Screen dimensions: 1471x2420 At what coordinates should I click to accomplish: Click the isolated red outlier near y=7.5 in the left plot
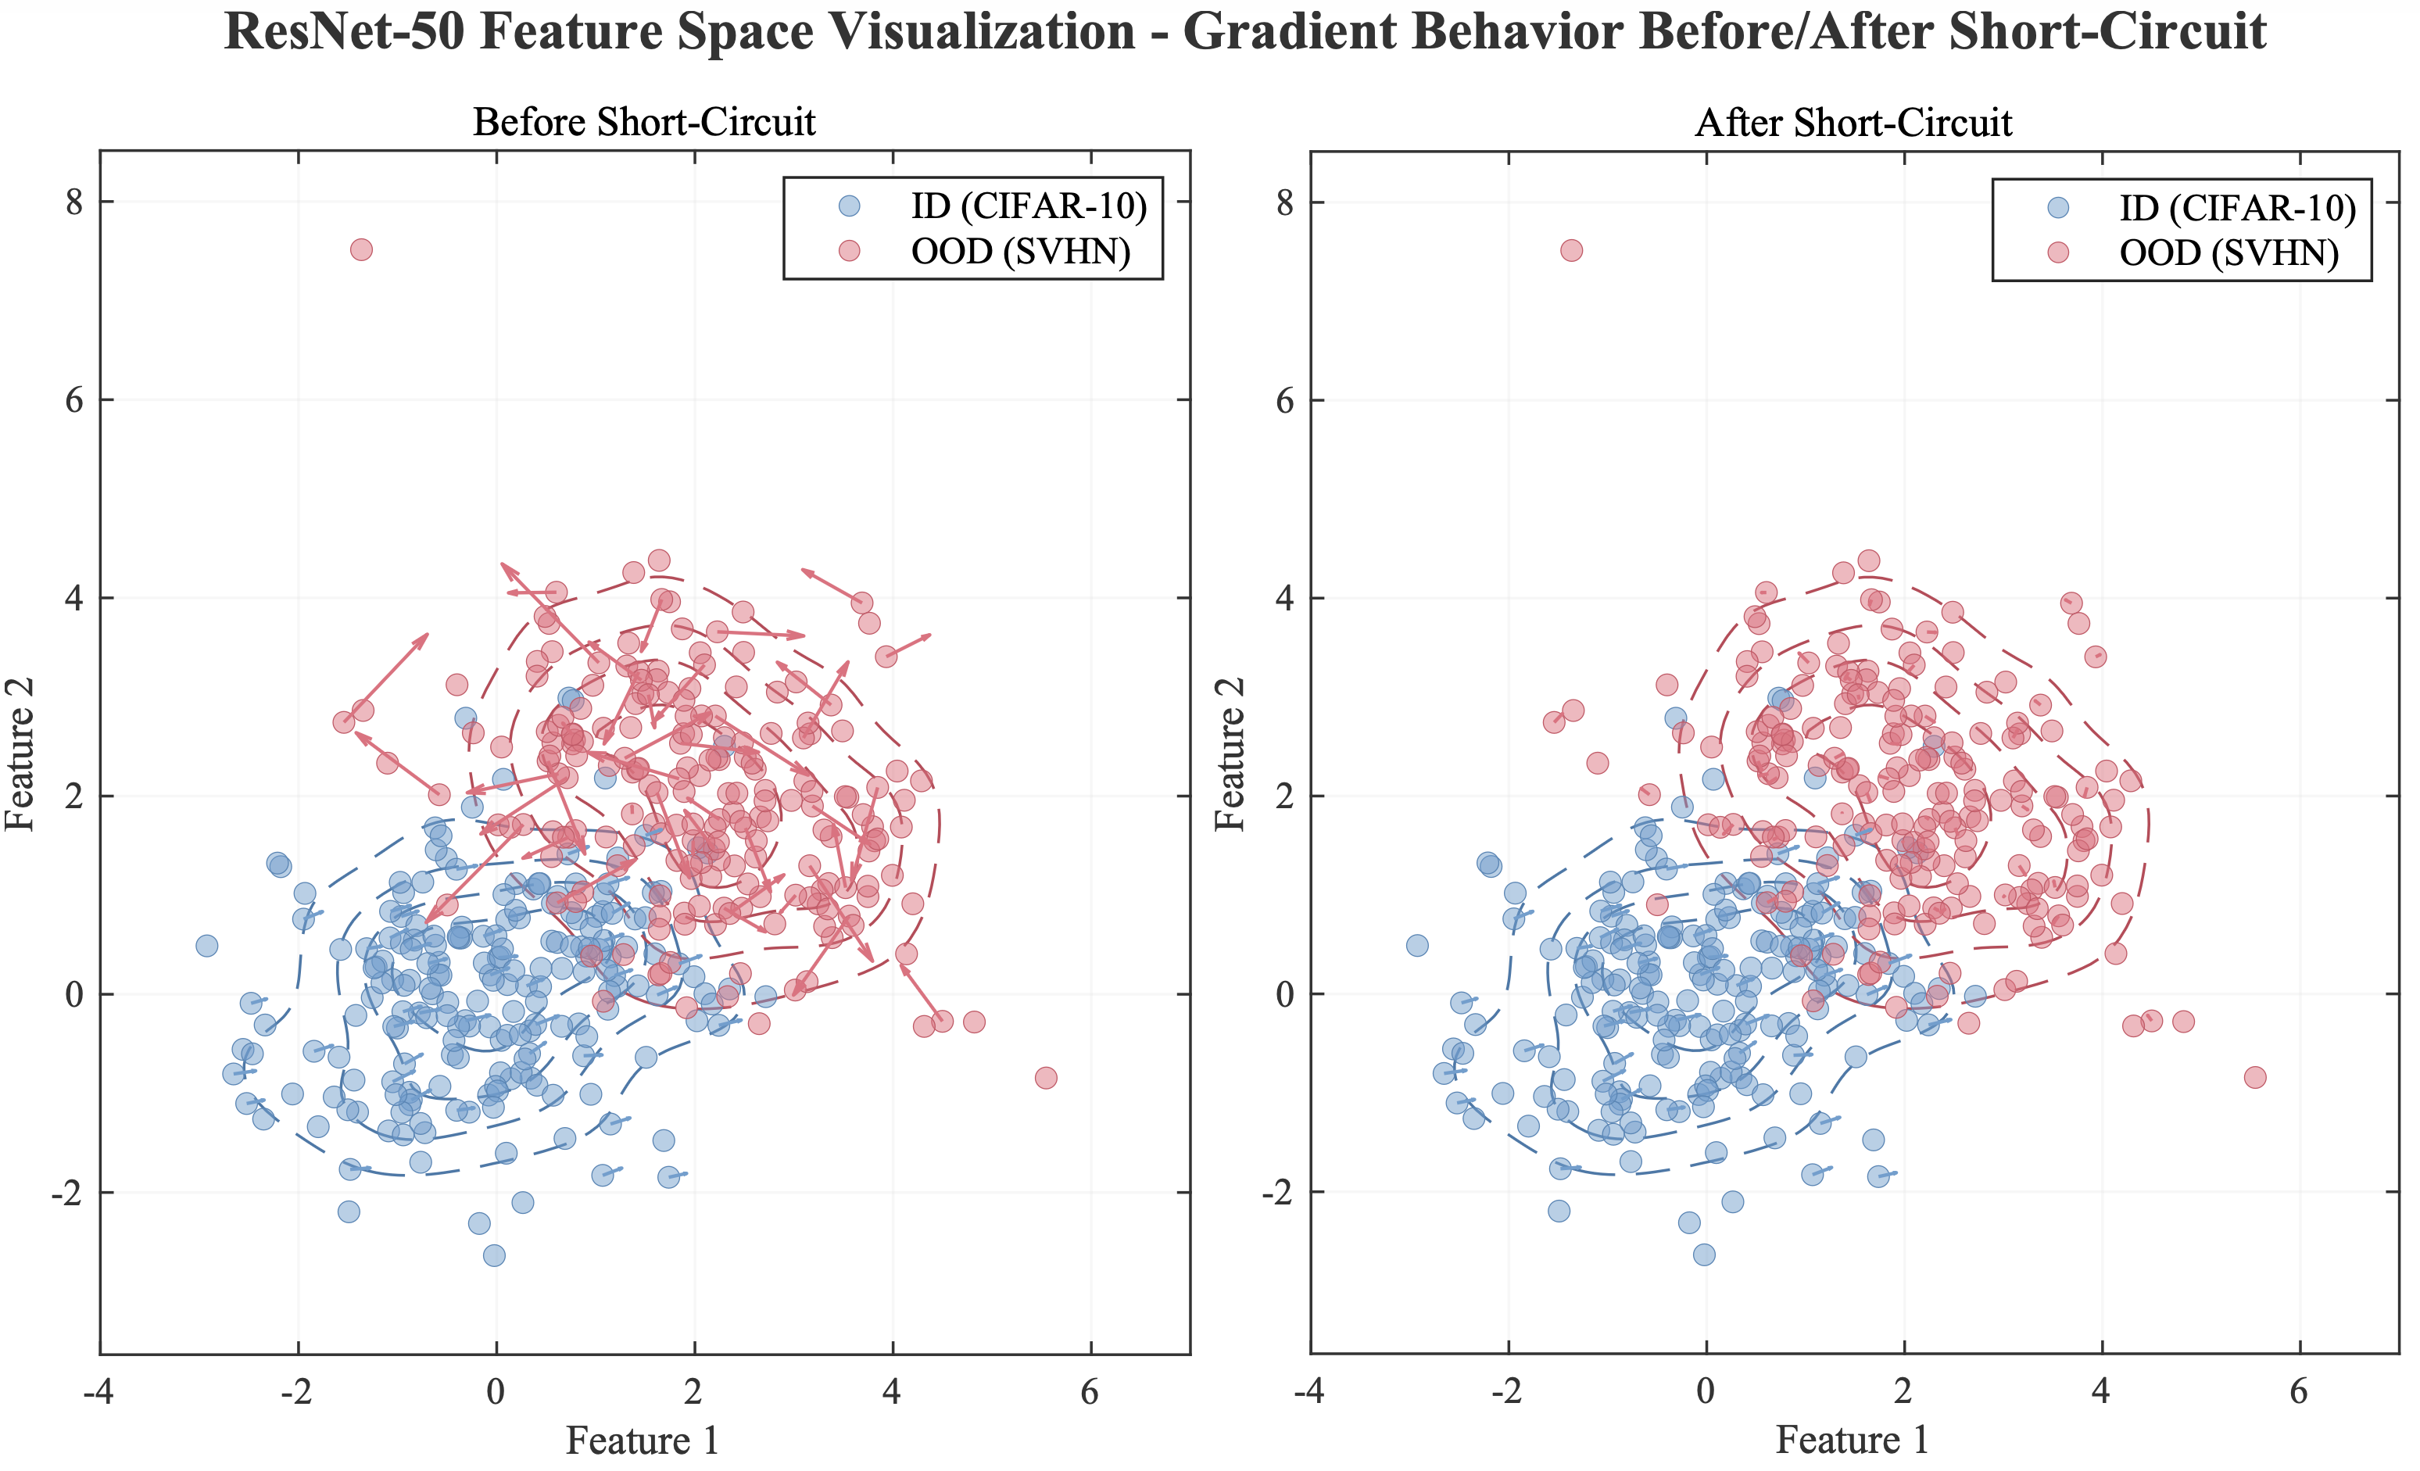coord(361,249)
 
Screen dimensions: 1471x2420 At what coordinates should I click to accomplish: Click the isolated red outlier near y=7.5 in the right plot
coord(1571,250)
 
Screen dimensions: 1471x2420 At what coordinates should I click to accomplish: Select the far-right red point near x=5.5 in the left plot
coord(1046,1077)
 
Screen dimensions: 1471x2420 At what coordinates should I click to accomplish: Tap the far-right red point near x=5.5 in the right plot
coord(2255,1077)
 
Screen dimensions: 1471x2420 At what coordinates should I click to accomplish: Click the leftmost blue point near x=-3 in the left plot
coord(206,946)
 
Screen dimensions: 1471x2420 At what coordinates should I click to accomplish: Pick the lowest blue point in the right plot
coord(1704,1254)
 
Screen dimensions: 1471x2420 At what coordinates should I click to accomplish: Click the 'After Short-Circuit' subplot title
coord(1853,123)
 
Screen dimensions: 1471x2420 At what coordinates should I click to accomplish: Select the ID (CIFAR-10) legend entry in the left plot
coord(1027,206)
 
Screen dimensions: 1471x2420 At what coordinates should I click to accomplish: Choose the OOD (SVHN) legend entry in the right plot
coord(2228,253)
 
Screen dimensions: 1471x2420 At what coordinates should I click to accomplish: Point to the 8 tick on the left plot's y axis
coord(74,202)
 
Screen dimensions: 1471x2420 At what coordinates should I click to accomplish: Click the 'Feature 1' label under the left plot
coord(643,1441)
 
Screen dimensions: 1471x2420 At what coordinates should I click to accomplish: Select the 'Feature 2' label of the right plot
coord(1230,753)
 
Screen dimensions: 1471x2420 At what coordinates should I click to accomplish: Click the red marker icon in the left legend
coord(850,252)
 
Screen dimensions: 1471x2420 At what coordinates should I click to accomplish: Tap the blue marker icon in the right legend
coord(2057,207)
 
